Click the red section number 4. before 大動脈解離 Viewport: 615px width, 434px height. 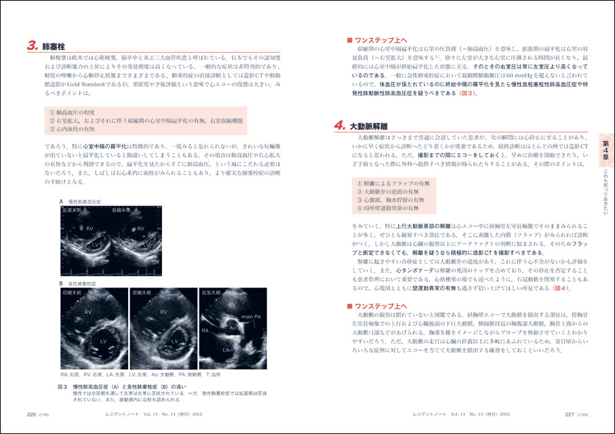coord(340,125)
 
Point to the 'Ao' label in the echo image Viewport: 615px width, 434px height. coord(232,326)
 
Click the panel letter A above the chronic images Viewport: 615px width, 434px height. coord(61,201)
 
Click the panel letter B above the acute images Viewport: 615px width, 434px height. coord(61,283)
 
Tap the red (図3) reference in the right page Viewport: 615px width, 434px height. coord(467,94)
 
